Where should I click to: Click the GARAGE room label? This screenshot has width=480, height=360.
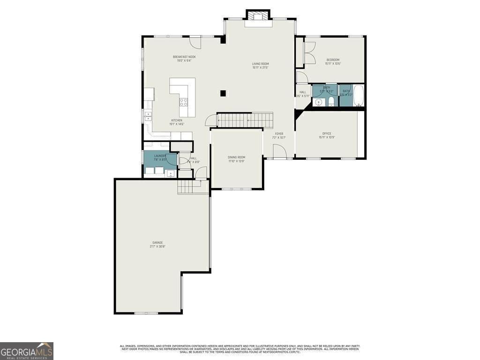pyautogui.click(x=157, y=242)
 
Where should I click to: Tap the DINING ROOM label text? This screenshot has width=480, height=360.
pyautogui.click(x=236, y=157)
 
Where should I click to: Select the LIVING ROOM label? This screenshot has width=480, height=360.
pyautogui.click(x=261, y=64)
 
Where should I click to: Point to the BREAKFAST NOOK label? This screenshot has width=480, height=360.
pyautogui.click(x=184, y=57)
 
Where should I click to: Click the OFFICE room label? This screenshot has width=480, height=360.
pyautogui.click(x=327, y=134)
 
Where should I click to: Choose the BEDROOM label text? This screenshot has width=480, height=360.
pyautogui.click(x=333, y=60)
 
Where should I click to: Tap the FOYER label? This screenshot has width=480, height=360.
pyautogui.click(x=279, y=134)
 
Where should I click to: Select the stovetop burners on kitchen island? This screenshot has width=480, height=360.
pyautogui.click(x=184, y=101)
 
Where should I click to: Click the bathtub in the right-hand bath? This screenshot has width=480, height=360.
pyautogui.click(x=359, y=95)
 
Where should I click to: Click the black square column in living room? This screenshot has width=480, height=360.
pyautogui.click(x=223, y=93)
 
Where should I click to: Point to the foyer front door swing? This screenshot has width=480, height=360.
pyautogui.click(x=279, y=151)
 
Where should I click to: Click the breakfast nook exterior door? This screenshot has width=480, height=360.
pyautogui.click(x=196, y=42)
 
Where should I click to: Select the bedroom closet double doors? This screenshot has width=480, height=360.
pyautogui.click(x=310, y=52)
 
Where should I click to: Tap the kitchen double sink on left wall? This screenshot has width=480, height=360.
pyautogui.click(x=148, y=116)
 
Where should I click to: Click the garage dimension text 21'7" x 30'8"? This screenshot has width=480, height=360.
pyautogui.click(x=157, y=247)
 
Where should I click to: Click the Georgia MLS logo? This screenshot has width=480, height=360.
pyautogui.click(x=27, y=351)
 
